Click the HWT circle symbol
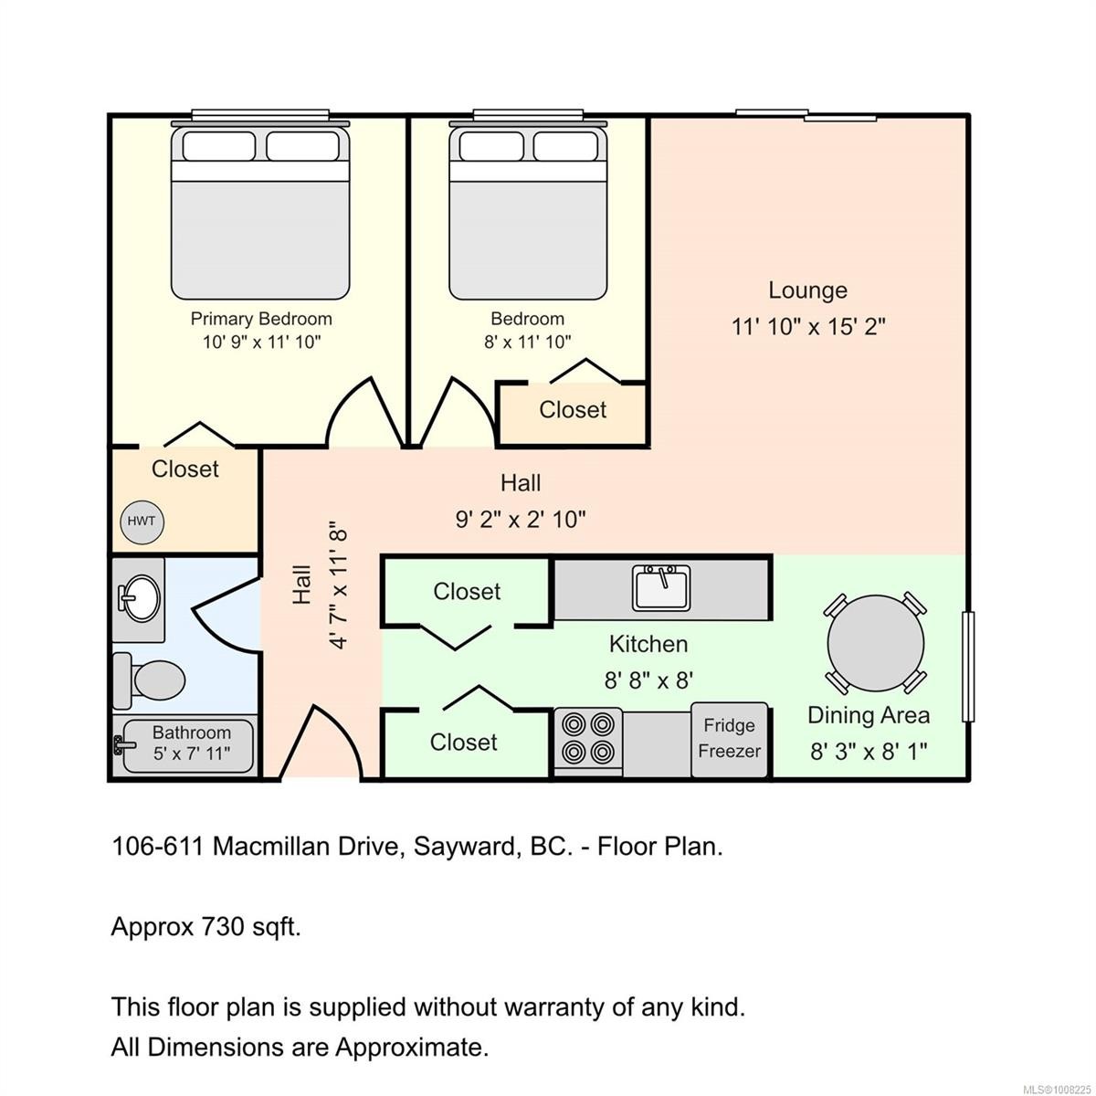click(141, 522)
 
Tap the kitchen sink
click(662, 588)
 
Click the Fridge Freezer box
click(729, 739)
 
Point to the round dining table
click(875, 643)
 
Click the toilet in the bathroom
click(152, 680)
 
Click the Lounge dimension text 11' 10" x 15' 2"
click(808, 326)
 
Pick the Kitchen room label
click(648, 644)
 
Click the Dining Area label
click(868, 715)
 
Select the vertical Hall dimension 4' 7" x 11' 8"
click(339, 585)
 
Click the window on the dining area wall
click(969, 667)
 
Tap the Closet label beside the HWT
click(185, 469)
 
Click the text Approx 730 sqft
click(205, 927)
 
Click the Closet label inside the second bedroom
click(573, 409)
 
